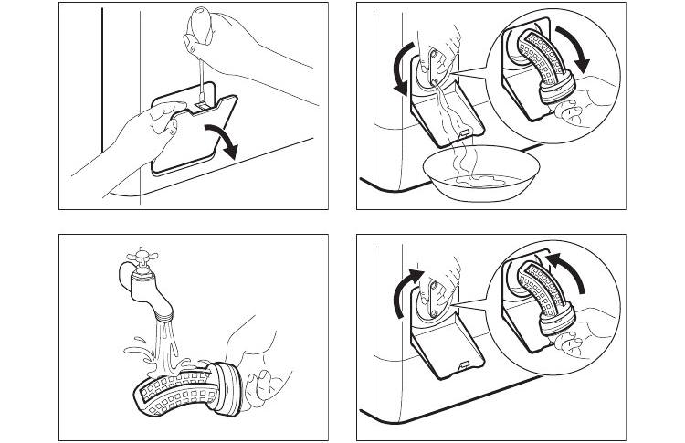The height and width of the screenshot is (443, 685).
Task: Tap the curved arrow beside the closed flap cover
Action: tap(225, 142)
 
